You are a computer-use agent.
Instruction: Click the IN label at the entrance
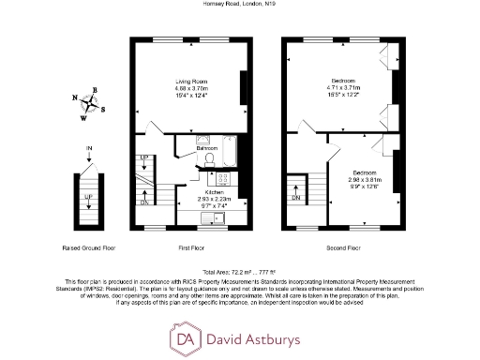tap(89, 149)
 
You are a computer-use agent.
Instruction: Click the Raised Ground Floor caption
tap(88, 248)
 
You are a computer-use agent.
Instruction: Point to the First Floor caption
tap(191, 248)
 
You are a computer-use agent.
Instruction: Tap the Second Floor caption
tap(344, 248)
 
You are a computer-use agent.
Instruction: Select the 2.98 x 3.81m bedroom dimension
tap(366, 180)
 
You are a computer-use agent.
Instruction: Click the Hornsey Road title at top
tap(240, 4)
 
